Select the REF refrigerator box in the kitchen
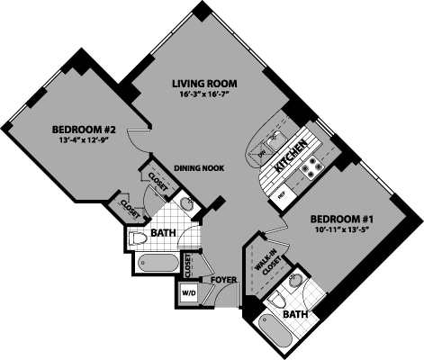pos(280,191)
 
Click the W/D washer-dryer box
pos(189,293)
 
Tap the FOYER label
pos(223,280)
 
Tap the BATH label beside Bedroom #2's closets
pos(163,234)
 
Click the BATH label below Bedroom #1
pos(295,315)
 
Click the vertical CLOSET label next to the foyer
pos(188,265)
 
